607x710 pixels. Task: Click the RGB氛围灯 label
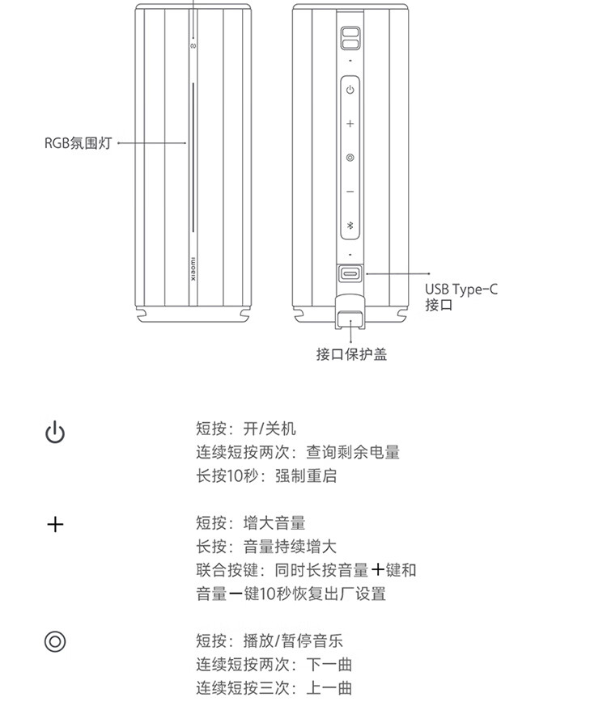coord(78,143)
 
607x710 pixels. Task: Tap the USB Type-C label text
coord(461,289)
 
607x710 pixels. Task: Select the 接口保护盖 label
coord(351,354)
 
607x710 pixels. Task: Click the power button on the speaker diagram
coord(350,90)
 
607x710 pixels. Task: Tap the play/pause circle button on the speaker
coord(350,158)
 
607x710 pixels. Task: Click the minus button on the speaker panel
coord(350,192)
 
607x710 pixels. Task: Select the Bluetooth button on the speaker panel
coord(350,225)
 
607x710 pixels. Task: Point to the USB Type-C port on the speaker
coord(350,274)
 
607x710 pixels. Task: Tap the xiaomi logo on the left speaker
coord(193,270)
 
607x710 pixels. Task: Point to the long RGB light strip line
coord(193,157)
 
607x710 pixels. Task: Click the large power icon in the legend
coord(55,432)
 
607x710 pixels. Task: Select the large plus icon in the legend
coord(55,525)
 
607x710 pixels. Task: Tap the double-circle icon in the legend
coord(55,641)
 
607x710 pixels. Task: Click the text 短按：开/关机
coord(246,429)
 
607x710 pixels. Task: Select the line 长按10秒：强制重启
coord(266,476)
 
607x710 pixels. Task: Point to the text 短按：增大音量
coord(251,523)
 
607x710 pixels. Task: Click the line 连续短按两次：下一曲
coord(274,665)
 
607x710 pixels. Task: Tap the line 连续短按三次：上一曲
coord(274,688)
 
